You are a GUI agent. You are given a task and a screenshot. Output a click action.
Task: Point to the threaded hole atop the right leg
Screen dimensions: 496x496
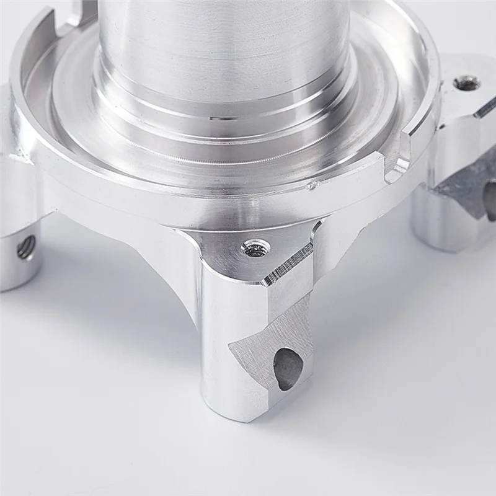466,82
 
